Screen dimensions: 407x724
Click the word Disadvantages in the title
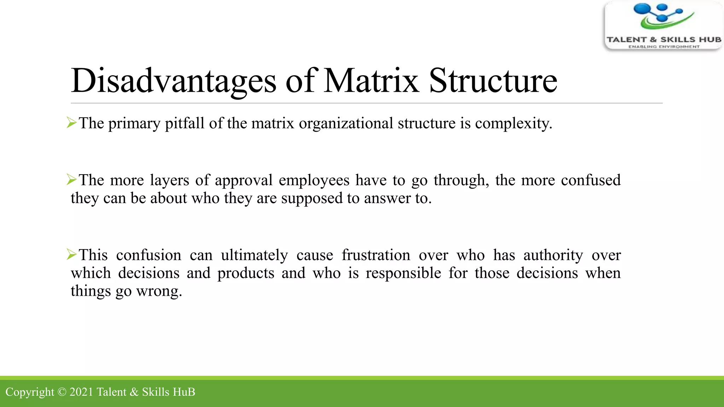pos(173,81)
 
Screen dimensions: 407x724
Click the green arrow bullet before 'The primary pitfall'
pos(71,123)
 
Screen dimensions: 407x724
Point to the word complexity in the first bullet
pos(513,124)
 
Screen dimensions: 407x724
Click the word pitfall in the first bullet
pos(185,124)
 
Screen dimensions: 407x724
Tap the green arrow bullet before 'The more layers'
pos(71,179)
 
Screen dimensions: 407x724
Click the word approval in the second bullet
pos(244,181)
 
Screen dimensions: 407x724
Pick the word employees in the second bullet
pos(314,181)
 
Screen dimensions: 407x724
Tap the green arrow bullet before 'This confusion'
pos(71,254)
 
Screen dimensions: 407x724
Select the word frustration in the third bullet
pos(376,255)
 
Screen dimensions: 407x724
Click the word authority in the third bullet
pos(553,255)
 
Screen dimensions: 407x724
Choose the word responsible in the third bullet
pos(403,273)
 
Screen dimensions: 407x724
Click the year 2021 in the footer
pos(81,392)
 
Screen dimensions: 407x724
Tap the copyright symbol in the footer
pos(62,392)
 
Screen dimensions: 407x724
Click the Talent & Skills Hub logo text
pos(664,40)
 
